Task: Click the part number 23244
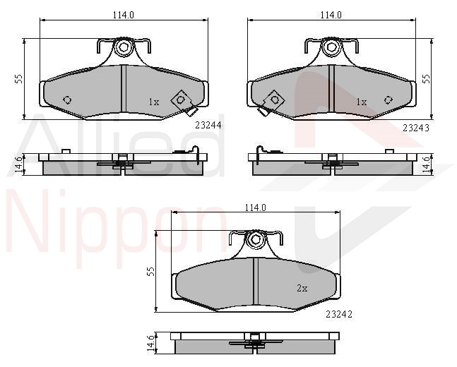208,125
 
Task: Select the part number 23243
416,128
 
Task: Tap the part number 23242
338,314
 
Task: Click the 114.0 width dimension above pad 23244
124,15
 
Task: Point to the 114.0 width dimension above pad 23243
331,15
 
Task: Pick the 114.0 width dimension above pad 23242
255,207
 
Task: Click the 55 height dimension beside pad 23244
18,79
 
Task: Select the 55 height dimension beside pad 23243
426,79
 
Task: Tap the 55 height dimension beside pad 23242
150,272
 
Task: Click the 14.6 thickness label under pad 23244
18,165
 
